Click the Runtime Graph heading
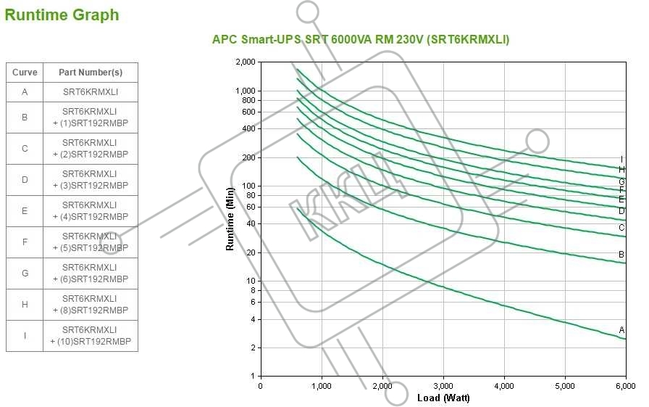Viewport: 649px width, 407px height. [62, 15]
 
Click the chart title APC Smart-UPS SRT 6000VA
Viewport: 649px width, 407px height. [360, 40]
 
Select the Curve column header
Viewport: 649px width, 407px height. [25, 73]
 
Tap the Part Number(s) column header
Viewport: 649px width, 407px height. [91, 73]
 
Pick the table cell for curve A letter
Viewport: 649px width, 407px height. [25, 92]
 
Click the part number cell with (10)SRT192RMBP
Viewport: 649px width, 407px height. [91, 336]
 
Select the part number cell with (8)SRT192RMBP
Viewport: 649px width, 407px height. [91, 305]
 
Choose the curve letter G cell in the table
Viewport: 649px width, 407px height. [25, 274]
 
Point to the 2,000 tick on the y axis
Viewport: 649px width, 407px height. [246, 62]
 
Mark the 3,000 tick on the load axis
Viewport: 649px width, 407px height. [443, 386]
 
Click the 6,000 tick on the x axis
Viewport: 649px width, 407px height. [626, 386]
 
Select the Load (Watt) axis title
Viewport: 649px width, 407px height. [443, 398]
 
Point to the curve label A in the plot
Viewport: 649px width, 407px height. [621, 330]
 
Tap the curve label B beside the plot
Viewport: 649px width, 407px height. [621, 255]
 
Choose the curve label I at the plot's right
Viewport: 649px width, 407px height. [621, 160]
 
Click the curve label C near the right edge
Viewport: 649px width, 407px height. [621, 228]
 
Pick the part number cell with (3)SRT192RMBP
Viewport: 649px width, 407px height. [91, 180]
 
